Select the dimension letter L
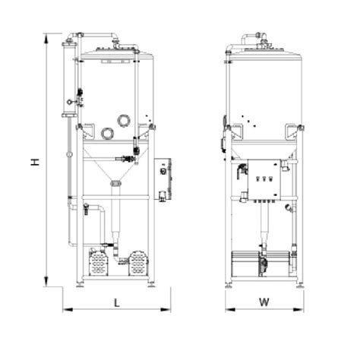tap(117, 303)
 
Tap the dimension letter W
tap(264, 302)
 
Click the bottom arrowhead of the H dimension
tap(46, 281)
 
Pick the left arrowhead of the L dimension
tap(68, 309)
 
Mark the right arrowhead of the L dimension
tap(166, 309)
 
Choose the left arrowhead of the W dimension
tap(230, 309)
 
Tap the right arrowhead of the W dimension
tap(298, 309)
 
